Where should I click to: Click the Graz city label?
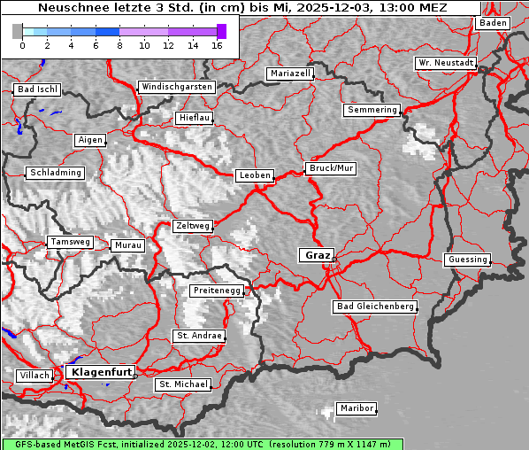[x=316, y=255]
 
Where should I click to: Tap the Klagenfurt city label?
[x=101, y=372]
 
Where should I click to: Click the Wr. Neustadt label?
[x=446, y=64]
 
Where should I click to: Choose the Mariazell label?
[x=291, y=74]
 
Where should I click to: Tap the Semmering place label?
[x=372, y=110]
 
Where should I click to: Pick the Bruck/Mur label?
[x=331, y=167]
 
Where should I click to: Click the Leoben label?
[x=255, y=175]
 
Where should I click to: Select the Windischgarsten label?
[x=176, y=87]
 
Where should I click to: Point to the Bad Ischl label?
[x=37, y=89]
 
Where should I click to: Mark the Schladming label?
[x=55, y=173]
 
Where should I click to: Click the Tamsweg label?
[x=70, y=242]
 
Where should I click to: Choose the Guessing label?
[x=467, y=260]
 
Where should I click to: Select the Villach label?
[x=34, y=376]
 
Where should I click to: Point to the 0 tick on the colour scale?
[x=22, y=44]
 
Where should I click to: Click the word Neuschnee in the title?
[x=68, y=8]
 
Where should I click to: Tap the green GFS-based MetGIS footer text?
[x=203, y=444]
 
